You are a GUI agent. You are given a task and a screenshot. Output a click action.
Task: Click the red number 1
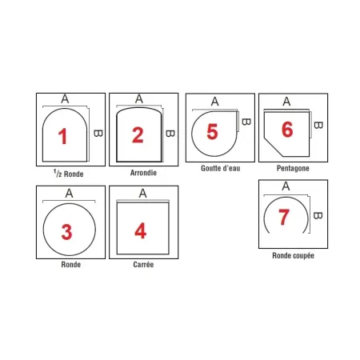(63, 137)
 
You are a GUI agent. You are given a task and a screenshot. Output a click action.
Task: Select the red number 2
(138, 134)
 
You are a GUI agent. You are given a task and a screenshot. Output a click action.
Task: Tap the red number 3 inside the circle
(67, 231)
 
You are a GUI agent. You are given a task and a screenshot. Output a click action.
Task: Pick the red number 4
(140, 231)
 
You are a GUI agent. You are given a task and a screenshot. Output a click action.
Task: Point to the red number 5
(212, 131)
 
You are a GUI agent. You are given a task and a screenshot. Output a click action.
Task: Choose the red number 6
(287, 130)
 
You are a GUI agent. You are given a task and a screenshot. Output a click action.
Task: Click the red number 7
(283, 217)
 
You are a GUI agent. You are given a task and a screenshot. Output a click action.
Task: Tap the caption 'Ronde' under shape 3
(70, 265)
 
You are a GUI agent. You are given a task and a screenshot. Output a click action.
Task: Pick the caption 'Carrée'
(142, 265)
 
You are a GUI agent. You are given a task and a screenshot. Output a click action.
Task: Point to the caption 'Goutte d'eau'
(218, 169)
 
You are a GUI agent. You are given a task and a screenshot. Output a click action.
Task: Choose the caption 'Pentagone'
(293, 169)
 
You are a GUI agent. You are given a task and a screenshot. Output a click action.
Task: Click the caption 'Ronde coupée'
(293, 257)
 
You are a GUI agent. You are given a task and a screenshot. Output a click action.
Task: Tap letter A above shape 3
(69, 193)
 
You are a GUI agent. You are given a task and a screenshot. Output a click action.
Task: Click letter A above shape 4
(142, 193)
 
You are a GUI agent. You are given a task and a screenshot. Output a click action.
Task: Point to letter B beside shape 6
(318, 125)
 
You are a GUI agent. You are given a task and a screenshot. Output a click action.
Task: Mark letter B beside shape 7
(318, 214)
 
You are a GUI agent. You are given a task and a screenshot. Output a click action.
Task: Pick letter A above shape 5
(214, 102)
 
